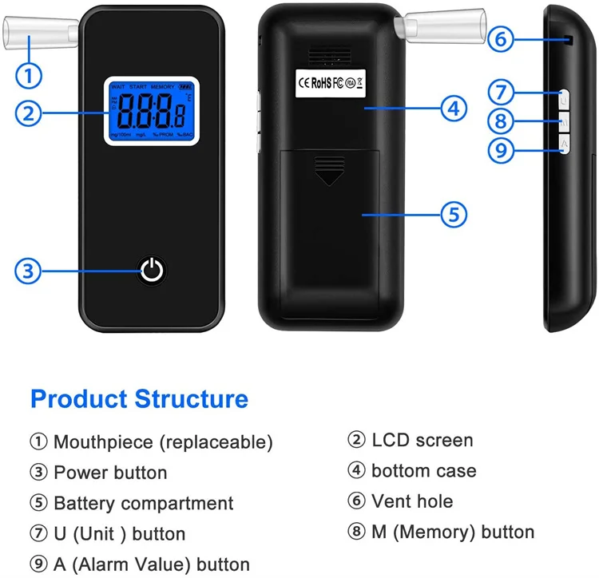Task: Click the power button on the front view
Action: (153, 271)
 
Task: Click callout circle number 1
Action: (28, 76)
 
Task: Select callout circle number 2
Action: (28, 113)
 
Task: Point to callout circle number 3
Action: (28, 271)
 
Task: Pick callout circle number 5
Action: (453, 214)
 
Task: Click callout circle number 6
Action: (500, 39)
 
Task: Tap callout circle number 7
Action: (500, 92)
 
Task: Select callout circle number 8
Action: (500, 121)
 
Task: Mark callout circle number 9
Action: (500, 151)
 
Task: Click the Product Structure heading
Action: (139, 398)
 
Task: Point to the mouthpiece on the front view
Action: (40, 33)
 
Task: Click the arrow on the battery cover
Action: (328, 172)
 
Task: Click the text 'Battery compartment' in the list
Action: (143, 504)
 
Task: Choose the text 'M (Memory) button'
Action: (452, 532)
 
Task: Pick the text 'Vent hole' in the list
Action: (411, 502)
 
